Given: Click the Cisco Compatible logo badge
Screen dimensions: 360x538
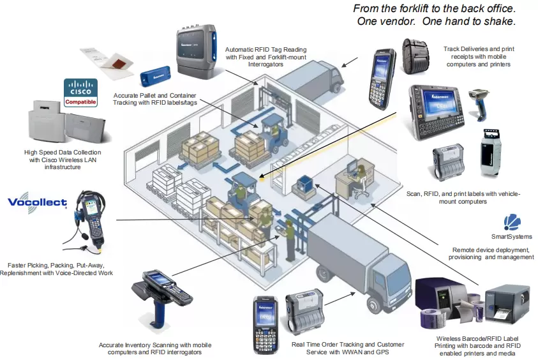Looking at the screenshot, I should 81,93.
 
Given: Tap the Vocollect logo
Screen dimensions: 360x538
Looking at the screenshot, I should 37,203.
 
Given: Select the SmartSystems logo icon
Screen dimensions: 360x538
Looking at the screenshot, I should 512,222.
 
